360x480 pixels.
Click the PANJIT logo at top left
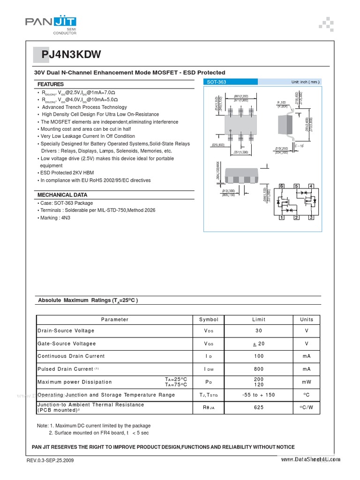[51, 22]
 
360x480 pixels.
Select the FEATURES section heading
[51, 84]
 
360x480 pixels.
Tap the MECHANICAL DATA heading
[62, 195]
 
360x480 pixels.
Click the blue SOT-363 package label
[217, 82]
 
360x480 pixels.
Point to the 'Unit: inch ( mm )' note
[305, 82]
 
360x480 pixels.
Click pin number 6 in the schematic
[282, 187]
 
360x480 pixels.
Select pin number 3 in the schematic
[311, 217]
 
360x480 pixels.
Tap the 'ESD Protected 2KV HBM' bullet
[67, 173]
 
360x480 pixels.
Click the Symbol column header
[209, 320]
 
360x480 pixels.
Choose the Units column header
[307, 320]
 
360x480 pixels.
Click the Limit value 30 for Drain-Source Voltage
[259, 331]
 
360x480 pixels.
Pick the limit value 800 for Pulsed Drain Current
[259, 369]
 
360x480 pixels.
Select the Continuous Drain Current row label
[71, 356]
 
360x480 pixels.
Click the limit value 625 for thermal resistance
[259, 407]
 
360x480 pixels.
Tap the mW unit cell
[307, 382]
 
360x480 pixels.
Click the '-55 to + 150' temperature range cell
[259, 395]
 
